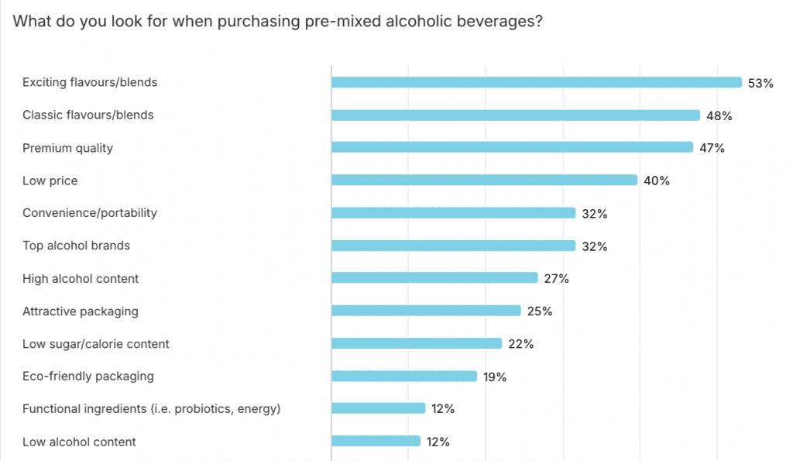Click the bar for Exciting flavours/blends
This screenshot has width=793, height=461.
[x=536, y=82]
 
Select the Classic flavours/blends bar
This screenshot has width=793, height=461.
[x=516, y=115]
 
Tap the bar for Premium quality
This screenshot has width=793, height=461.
[x=512, y=147]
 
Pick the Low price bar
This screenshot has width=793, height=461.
[x=484, y=181]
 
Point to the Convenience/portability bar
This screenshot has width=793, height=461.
[x=453, y=213]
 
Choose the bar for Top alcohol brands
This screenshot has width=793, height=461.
[x=453, y=246]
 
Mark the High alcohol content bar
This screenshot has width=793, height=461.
[x=434, y=278]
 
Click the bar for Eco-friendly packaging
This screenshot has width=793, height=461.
[x=404, y=377]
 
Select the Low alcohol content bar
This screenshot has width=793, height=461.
[x=376, y=442]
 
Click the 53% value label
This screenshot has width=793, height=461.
[x=760, y=83]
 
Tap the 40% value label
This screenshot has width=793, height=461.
[x=656, y=181]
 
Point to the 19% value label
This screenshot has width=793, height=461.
[x=494, y=377]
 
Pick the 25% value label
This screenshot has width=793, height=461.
[x=539, y=311]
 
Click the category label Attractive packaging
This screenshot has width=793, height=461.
[x=81, y=311]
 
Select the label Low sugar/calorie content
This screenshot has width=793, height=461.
[x=96, y=344]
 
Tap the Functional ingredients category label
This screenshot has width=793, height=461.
[x=151, y=409]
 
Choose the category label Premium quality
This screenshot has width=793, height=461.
[x=67, y=148]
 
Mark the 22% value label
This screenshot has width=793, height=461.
[x=520, y=344]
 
